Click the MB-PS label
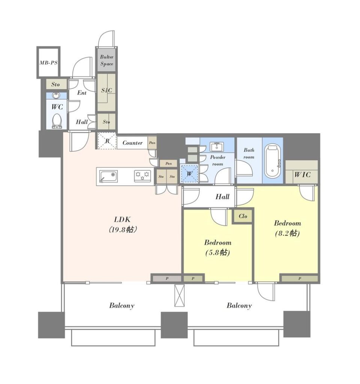[x=48, y=63]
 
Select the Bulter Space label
[x=107, y=60]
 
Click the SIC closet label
[x=107, y=90]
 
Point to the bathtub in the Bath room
[x=273, y=161]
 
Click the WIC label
[x=302, y=175]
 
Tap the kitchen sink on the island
[x=108, y=177]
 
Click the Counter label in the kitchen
[x=133, y=143]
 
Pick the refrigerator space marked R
[x=107, y=141]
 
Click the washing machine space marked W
[x=189, y=174]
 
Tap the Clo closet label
[x=243, y=216]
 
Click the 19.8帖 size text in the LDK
[x=122, y=229]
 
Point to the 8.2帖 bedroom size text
[x=287, y=233]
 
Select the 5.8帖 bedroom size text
[x=217, y=252]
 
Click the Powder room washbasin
[x=217, y=147]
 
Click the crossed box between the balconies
[x=179, y=295]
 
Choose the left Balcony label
[x=122, y=306]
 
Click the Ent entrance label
[x=82, y=93]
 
